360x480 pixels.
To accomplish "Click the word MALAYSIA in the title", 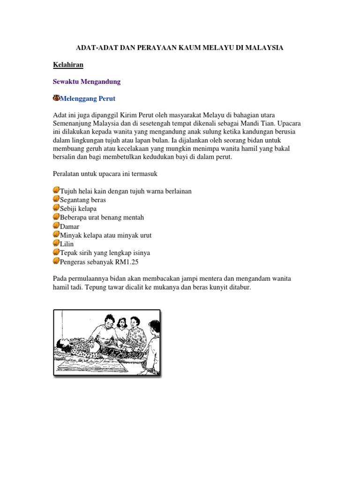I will [x=263, y=48].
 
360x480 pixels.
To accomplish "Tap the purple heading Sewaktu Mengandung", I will [x=87, y=82].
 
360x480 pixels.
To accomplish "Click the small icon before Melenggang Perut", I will [x=57, y=98].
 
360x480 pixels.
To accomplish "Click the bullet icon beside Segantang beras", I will [x=56, y=199].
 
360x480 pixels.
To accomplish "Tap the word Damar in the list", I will [x=70, y=226].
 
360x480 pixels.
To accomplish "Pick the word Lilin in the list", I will [x=67, y=244].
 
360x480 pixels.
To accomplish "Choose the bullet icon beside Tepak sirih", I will [x=56, y=253].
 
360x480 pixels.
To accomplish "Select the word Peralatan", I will [x=67, y=174].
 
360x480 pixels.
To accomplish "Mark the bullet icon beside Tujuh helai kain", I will [x=56, y=190].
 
